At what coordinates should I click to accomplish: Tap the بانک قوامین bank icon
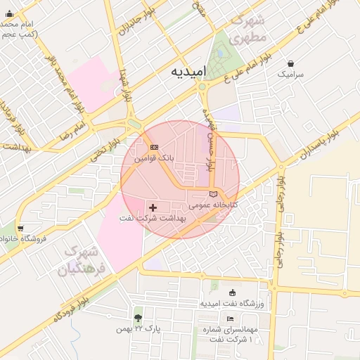(x=154, y=147)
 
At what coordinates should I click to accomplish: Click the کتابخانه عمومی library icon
(x=214, y=194)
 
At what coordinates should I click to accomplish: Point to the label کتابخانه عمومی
(x=214, y=205)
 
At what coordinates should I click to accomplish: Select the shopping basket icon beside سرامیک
(x=290, y=62)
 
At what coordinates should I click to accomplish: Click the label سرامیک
(x=290, y=73)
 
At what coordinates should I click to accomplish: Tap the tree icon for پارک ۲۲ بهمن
(x=138, y=318)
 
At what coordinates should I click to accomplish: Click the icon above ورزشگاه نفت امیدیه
(x=233, y=292)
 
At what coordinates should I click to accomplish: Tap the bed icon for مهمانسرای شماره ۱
(x=231, y=319)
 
